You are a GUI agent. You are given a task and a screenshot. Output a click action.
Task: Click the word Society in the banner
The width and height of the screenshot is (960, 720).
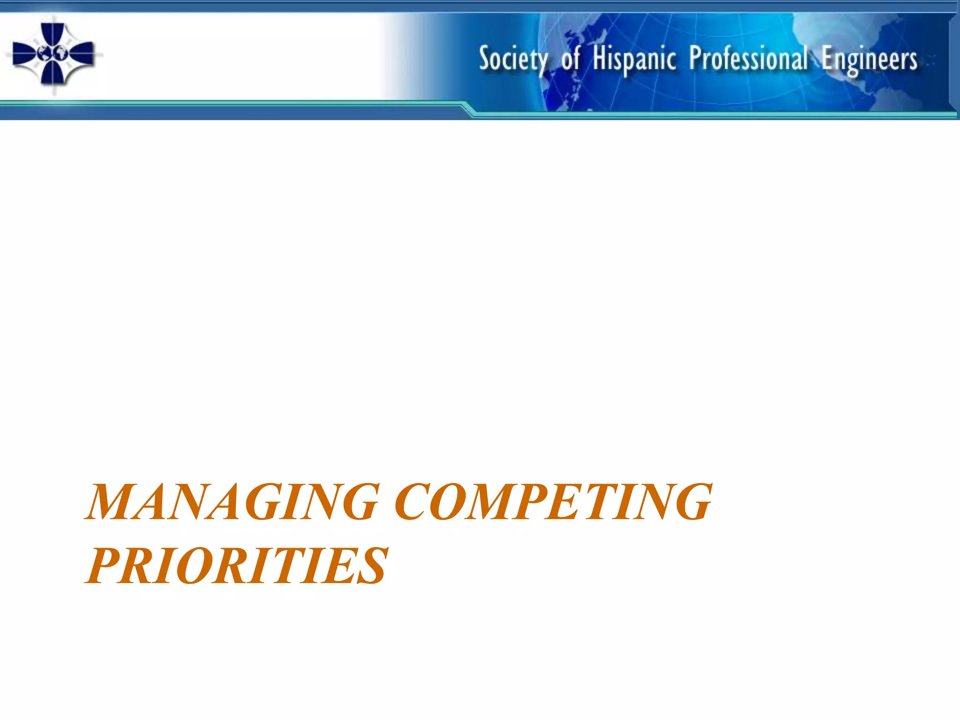pos(513,60)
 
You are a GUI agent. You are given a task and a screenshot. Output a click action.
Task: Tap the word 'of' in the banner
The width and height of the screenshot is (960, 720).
pos(570,60)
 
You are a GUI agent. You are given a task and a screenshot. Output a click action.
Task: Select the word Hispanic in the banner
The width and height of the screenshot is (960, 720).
pos(634,60)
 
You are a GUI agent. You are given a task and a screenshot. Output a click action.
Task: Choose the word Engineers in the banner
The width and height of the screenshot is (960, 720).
pos(869,60)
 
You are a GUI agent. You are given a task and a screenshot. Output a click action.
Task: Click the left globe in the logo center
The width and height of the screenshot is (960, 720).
pos(45,53)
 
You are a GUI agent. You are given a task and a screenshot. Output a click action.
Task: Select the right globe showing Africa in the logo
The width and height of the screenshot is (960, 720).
pos(60,53)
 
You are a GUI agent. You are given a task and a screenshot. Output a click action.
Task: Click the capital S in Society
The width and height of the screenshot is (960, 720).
pos(485,59)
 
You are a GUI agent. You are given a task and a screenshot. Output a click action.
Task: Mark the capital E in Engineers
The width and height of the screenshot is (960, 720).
pos(828,59)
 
